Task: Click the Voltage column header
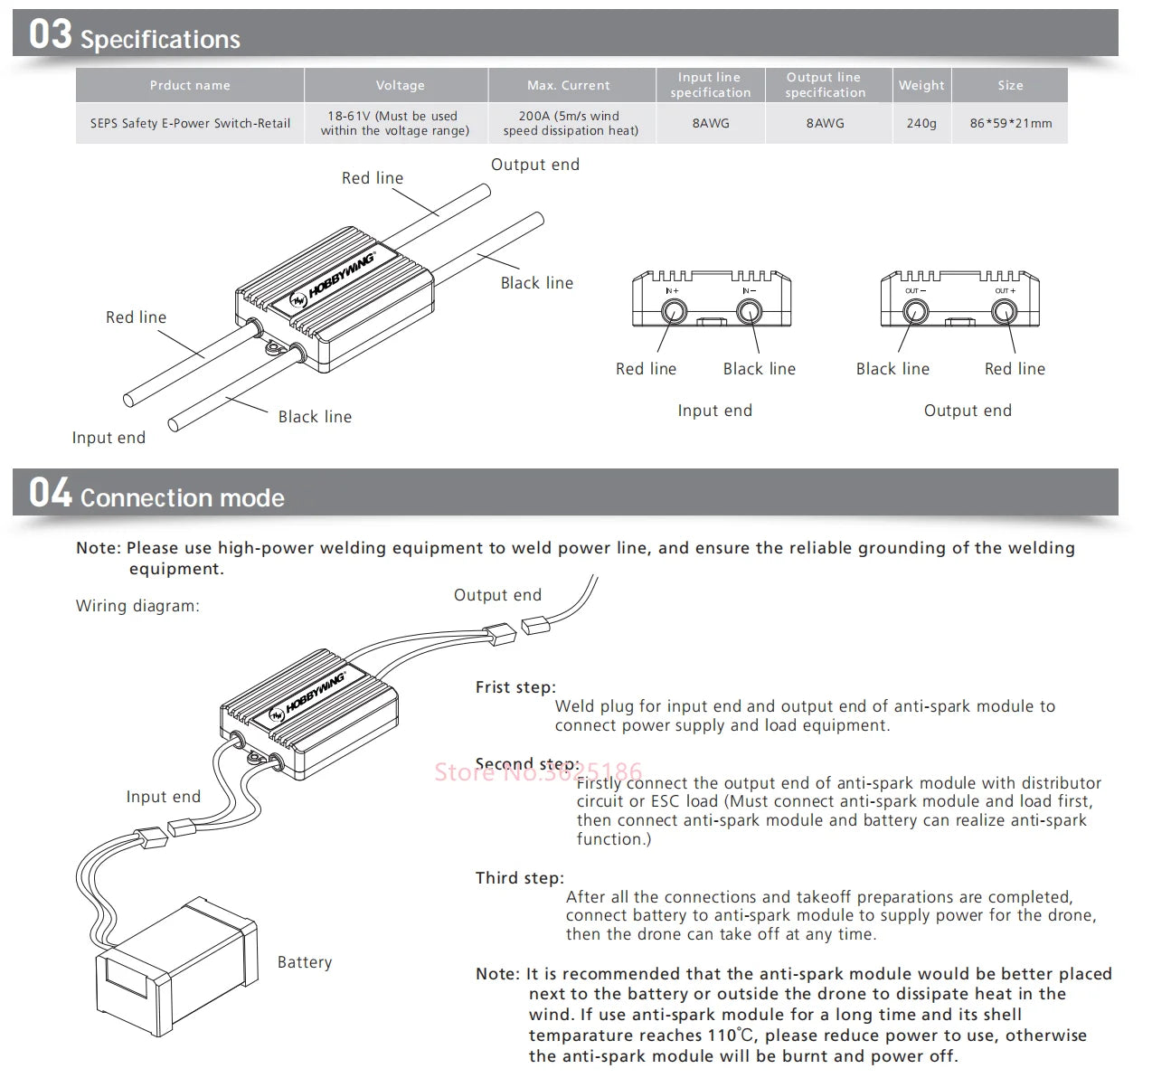[400, 85]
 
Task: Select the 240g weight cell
[921, 123]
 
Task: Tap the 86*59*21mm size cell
[1010, 123]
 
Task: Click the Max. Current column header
[569, 85]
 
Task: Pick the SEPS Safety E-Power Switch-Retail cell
[190, 123]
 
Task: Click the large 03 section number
[50, 34]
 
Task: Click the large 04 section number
[50, 494]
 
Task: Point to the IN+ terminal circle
[673, 312]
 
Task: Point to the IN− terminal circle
[749, 312]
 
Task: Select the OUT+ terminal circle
[1004, 312]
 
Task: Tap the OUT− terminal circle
[915, 312]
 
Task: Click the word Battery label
[305, 962]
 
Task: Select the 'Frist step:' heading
[515, 687]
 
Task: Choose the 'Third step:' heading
[519, 878]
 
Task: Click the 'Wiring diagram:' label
[137, 606]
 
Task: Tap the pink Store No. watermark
[538, 771]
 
